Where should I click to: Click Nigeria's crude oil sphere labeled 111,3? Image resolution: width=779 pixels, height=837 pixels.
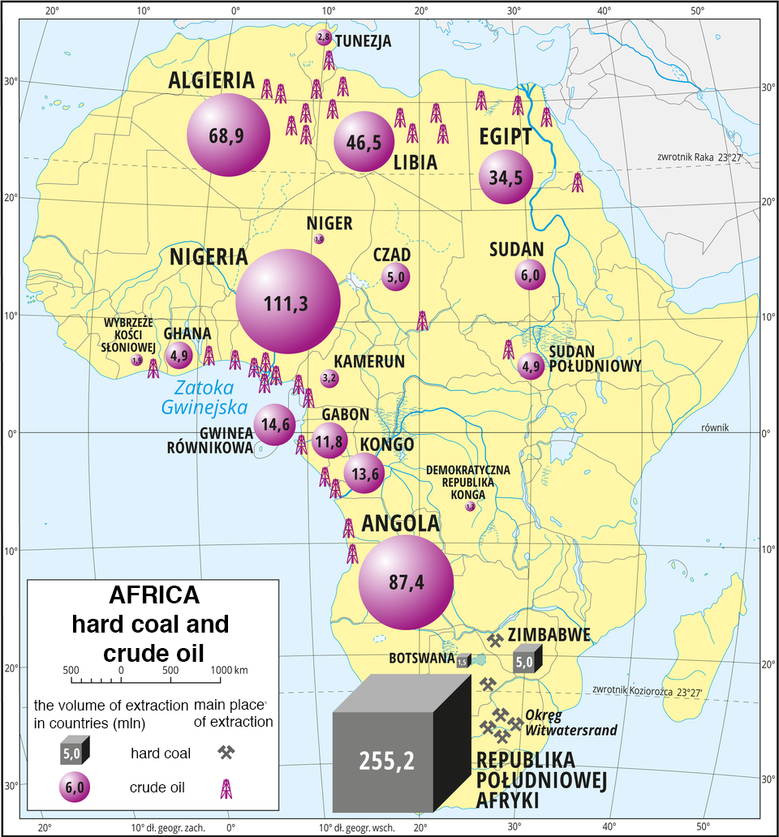[x=288, y=302]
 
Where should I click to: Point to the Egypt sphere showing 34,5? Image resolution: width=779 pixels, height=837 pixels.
[x=506, y=178]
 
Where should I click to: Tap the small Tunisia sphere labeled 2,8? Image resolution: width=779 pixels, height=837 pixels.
[x=323, y=38]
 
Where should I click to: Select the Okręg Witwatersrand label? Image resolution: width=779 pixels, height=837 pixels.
[x=570, y=723]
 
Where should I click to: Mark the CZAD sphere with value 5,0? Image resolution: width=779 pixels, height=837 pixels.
[x=395, y=277]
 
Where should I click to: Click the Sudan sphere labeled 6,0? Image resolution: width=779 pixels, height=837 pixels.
[x=530, y=276]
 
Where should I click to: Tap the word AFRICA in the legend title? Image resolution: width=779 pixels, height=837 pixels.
[x=154, y=595]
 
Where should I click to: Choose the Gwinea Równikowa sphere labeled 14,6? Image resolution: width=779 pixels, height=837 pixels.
[x=274, y=424]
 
